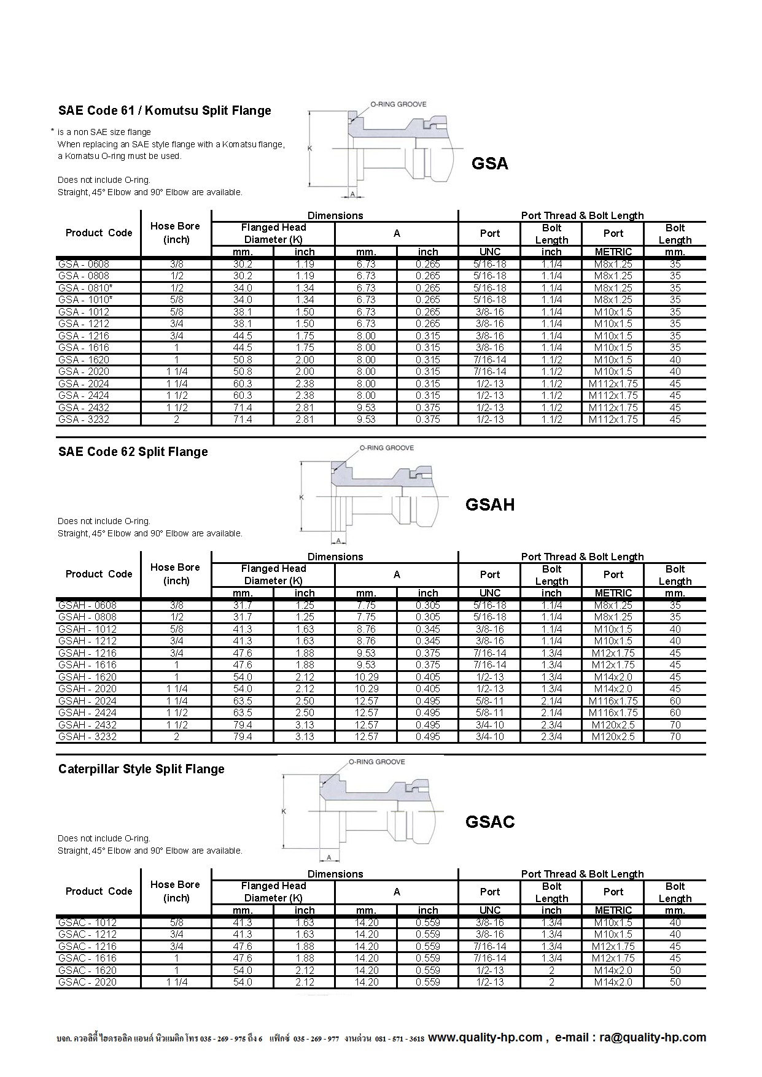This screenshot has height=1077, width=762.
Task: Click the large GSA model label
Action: [489, 164]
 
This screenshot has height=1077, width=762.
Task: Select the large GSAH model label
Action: [489, 505]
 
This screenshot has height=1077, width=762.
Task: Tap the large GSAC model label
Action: [489, 822]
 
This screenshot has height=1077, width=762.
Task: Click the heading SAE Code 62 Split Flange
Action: [133, 452]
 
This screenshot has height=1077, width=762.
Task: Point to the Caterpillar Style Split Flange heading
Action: [141, 770]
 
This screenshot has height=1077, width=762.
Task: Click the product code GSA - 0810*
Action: [85, 288]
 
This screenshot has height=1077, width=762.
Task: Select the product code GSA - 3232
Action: [84, 420]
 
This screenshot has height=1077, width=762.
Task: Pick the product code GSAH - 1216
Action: [87, 653]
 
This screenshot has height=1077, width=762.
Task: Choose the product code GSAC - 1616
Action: [87, 959]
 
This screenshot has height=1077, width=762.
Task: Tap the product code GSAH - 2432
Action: [87, 725]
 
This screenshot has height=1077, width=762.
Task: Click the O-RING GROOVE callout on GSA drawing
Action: [398, 104]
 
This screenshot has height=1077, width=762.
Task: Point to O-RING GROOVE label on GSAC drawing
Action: [376, 762]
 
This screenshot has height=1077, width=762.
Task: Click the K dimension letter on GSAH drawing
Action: [301, 497]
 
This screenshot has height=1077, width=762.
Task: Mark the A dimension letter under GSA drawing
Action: [352, 194]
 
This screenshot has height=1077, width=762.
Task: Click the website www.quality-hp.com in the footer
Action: [485, 1038]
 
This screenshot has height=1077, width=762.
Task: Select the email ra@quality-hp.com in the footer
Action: [652, 1038]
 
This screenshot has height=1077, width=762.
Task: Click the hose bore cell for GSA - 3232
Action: [176, 420]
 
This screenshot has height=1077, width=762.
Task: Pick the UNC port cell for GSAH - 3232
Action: [489, 737]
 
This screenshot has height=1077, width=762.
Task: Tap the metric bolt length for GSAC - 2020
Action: [675, 982]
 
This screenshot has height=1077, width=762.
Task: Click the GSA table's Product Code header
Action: [99, 233]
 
